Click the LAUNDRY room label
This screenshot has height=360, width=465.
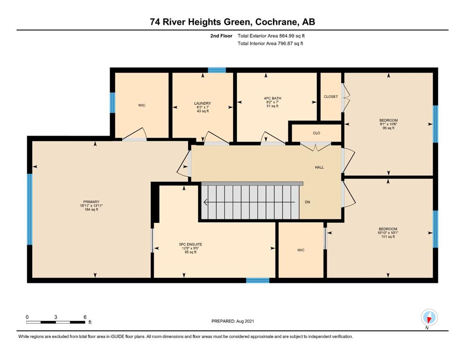pos(203,103)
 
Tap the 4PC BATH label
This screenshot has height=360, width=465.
pos(273,98)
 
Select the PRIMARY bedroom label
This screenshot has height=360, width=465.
pos(91,202)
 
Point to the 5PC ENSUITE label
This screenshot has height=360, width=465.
pos(191,245)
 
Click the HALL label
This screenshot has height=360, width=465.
pos(319,167)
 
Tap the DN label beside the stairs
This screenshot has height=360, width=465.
pos(308,202)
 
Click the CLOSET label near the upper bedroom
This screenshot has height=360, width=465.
pos(331,97)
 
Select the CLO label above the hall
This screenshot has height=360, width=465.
pos(317,133)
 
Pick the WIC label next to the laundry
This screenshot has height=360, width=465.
pos(142,105)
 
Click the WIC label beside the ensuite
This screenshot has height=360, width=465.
pos(301,250)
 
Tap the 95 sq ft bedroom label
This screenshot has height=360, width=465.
pos(389,120)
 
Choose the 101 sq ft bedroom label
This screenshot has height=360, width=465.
pos(388,229)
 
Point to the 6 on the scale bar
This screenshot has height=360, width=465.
pos(85,317)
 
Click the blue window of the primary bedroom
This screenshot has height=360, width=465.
pos(30,209)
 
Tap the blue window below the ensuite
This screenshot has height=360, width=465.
pos(258,280)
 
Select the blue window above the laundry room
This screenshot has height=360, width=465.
pos(217,70)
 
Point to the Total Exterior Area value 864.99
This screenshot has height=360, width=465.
pos(286,36)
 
